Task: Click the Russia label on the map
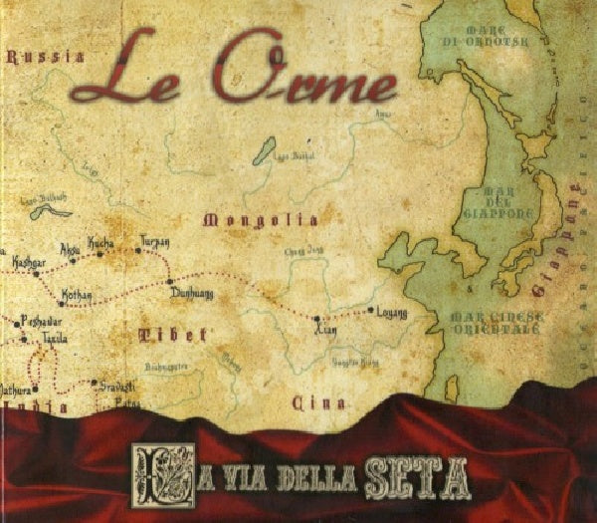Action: pyautogui.click(x=45, y=57)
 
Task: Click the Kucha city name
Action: pyautogui.click(x=101, y=243)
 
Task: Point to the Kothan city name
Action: pyautogui.click(x=77, y=295)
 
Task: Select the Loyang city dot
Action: pyautogui.click(x=370, y=311)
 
